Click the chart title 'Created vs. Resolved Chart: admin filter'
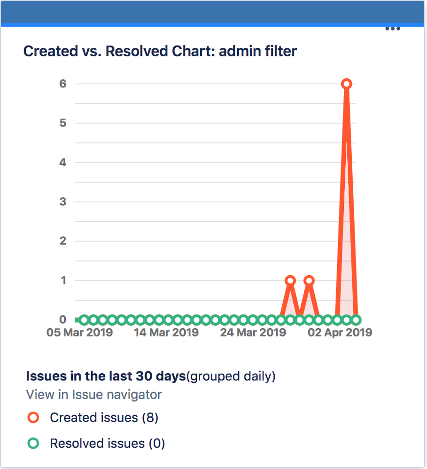point(160,51)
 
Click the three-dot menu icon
point(392,29)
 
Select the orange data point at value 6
point(347,84)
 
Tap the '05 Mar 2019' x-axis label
point(79,333)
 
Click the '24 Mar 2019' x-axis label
point(253,333)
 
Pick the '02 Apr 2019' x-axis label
point(340,333)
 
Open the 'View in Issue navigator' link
point(94,395)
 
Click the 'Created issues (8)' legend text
point(104,418)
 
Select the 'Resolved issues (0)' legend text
point(108,444)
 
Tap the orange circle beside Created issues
point(33,417)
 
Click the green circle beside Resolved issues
point(33,443)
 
